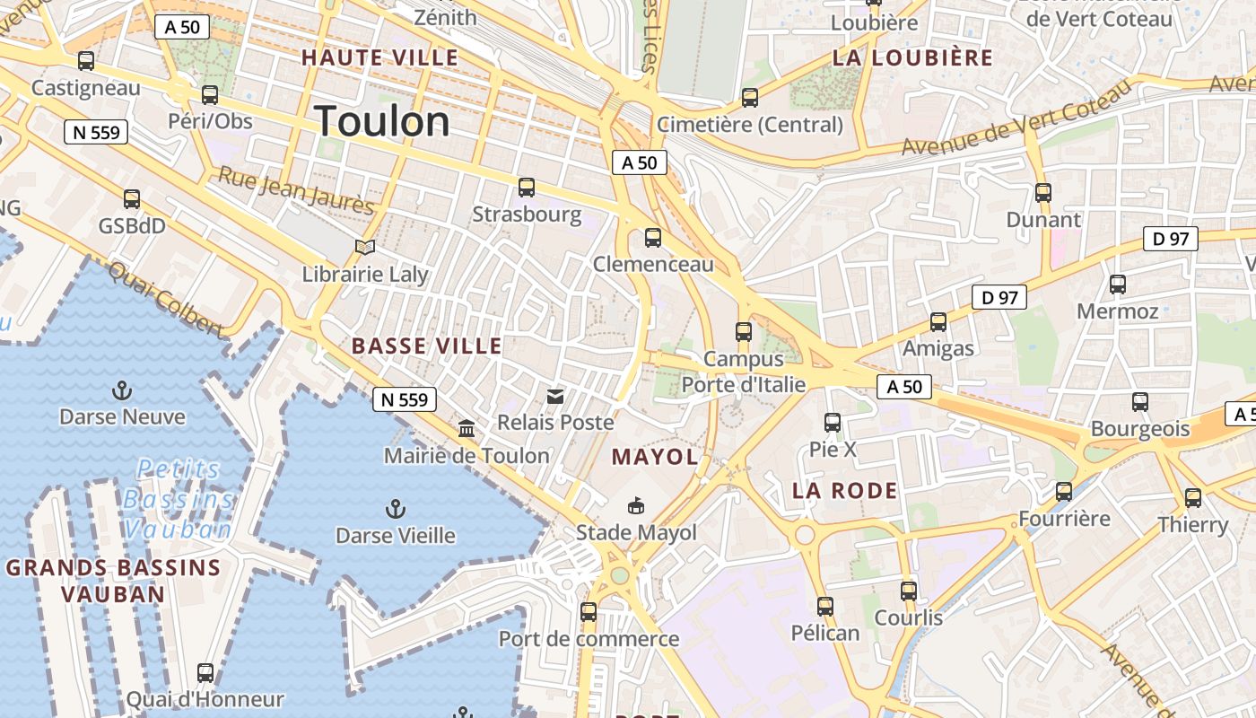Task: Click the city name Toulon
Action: click(x=382, y=122)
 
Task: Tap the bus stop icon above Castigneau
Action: click(x=86, y=61)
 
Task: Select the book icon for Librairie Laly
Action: click(x=364, y=247)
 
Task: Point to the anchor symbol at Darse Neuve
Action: click(x=121, y=390)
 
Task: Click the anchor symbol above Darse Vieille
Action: click(x=395, y=509)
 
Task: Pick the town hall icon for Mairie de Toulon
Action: click(x=467, y=428)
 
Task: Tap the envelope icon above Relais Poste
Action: click(x=555, y=396)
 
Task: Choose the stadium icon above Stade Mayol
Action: click(x=636, y=506)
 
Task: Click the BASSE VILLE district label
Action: click(x=427, y=346)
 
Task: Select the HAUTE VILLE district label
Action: click(x=379, y=58)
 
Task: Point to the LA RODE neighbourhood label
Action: click(x=845, y=491)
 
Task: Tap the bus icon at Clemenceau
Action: click(x=653, y=238)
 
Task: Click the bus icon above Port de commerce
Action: click(x=589, y=612)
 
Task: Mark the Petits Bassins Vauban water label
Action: click(x=178, y=499)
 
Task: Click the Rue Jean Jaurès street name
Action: click(x=296, y=191)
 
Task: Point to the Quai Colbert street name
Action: click(x=165, y=300)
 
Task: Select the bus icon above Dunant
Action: click(x=1042, y=192)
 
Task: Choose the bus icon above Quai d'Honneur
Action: click(x=205, y=672)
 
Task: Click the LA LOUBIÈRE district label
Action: click(x=913, y=58)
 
